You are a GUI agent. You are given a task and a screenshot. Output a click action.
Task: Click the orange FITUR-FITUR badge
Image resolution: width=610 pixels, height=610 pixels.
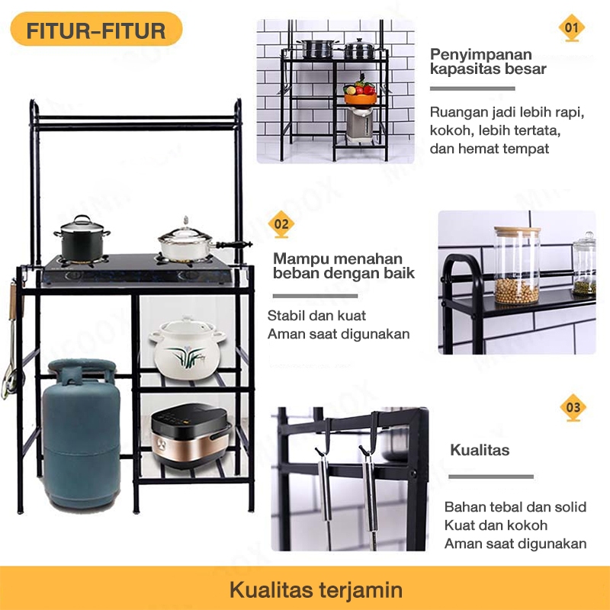(96, 31)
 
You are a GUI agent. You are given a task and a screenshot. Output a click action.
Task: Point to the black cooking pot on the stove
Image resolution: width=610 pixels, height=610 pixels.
(82, 240)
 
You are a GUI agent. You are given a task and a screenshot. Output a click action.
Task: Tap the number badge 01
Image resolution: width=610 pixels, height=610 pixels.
(571, 29)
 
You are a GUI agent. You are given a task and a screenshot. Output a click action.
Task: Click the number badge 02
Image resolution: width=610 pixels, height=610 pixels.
(281, 224)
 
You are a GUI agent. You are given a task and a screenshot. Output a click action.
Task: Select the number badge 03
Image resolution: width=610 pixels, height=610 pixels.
(572, 407)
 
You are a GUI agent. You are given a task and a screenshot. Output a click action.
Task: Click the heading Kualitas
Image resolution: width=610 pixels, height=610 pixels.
(480, 450)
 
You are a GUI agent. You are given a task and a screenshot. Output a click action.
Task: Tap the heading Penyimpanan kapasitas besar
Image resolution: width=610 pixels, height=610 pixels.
(488, 62)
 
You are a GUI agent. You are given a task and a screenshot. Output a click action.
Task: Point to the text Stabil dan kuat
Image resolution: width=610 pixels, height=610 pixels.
(316, 316)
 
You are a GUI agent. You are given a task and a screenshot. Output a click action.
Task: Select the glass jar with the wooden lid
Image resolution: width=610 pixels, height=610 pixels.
(517, 265)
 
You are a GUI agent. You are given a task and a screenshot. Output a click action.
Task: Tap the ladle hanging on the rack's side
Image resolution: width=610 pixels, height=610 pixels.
(11, 343)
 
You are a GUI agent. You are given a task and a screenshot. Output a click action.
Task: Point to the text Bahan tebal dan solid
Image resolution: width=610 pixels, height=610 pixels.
(515, 507)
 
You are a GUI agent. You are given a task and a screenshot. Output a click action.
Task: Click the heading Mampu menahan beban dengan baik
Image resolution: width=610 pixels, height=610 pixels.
(343, 265)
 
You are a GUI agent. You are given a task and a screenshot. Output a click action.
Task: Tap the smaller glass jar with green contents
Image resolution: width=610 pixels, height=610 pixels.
(585, 265)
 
